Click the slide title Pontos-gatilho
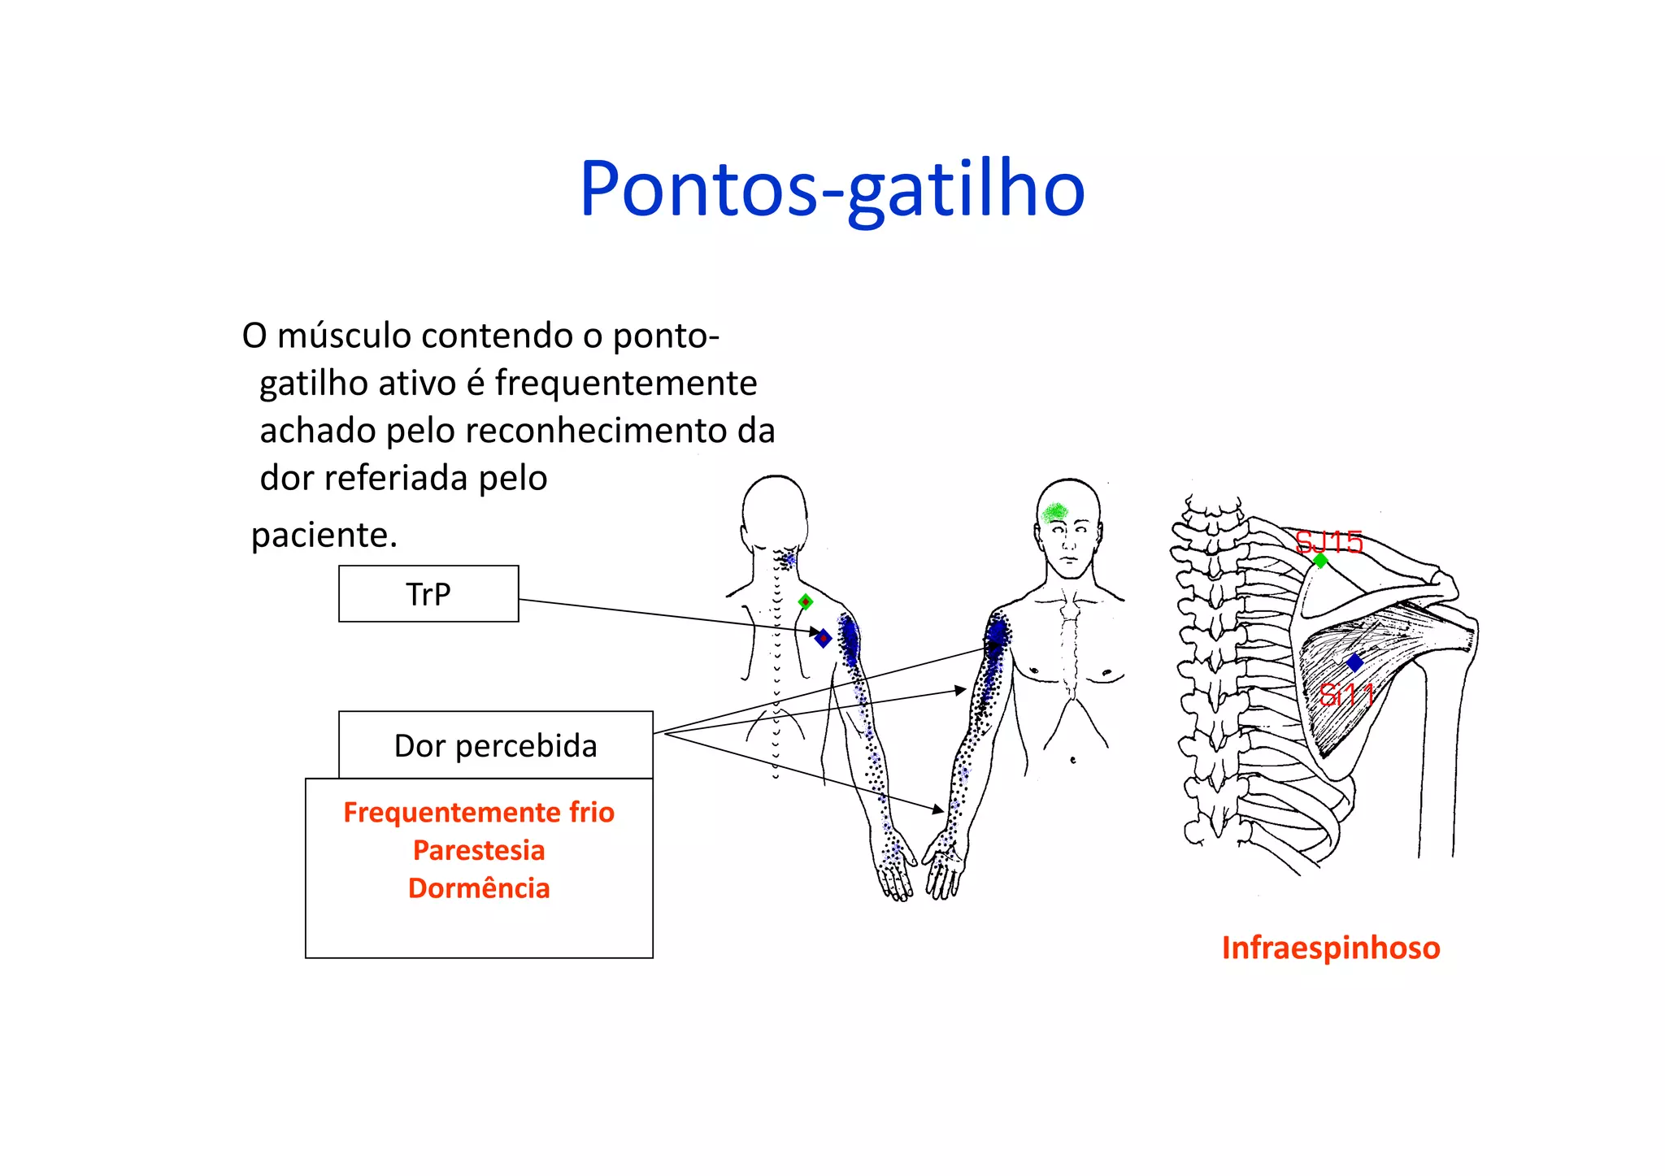[x=832, y=189]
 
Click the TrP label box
[x=428, y=594]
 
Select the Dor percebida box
[x=495, y=745]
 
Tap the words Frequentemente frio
[x=479, y=812]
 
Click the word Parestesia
[x=479, y=850]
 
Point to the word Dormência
[x=479, y=887]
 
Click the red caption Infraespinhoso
[x=1331, y=948]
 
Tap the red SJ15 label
[x=1328, y=541]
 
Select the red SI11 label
[x=1346, y=695]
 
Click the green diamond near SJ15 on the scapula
[x=1320, y=561]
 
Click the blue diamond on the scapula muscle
[x=1354, y=663]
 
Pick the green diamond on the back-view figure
[x=806, y=602]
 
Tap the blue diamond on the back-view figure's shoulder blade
[x=824, y=638]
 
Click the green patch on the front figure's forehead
[x=1055, y=512]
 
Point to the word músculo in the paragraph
[x=344, y=336]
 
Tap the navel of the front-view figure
[x=1073, y=760]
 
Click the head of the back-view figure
[x=775, y=508]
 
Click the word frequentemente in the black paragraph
[x=626, y=383]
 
